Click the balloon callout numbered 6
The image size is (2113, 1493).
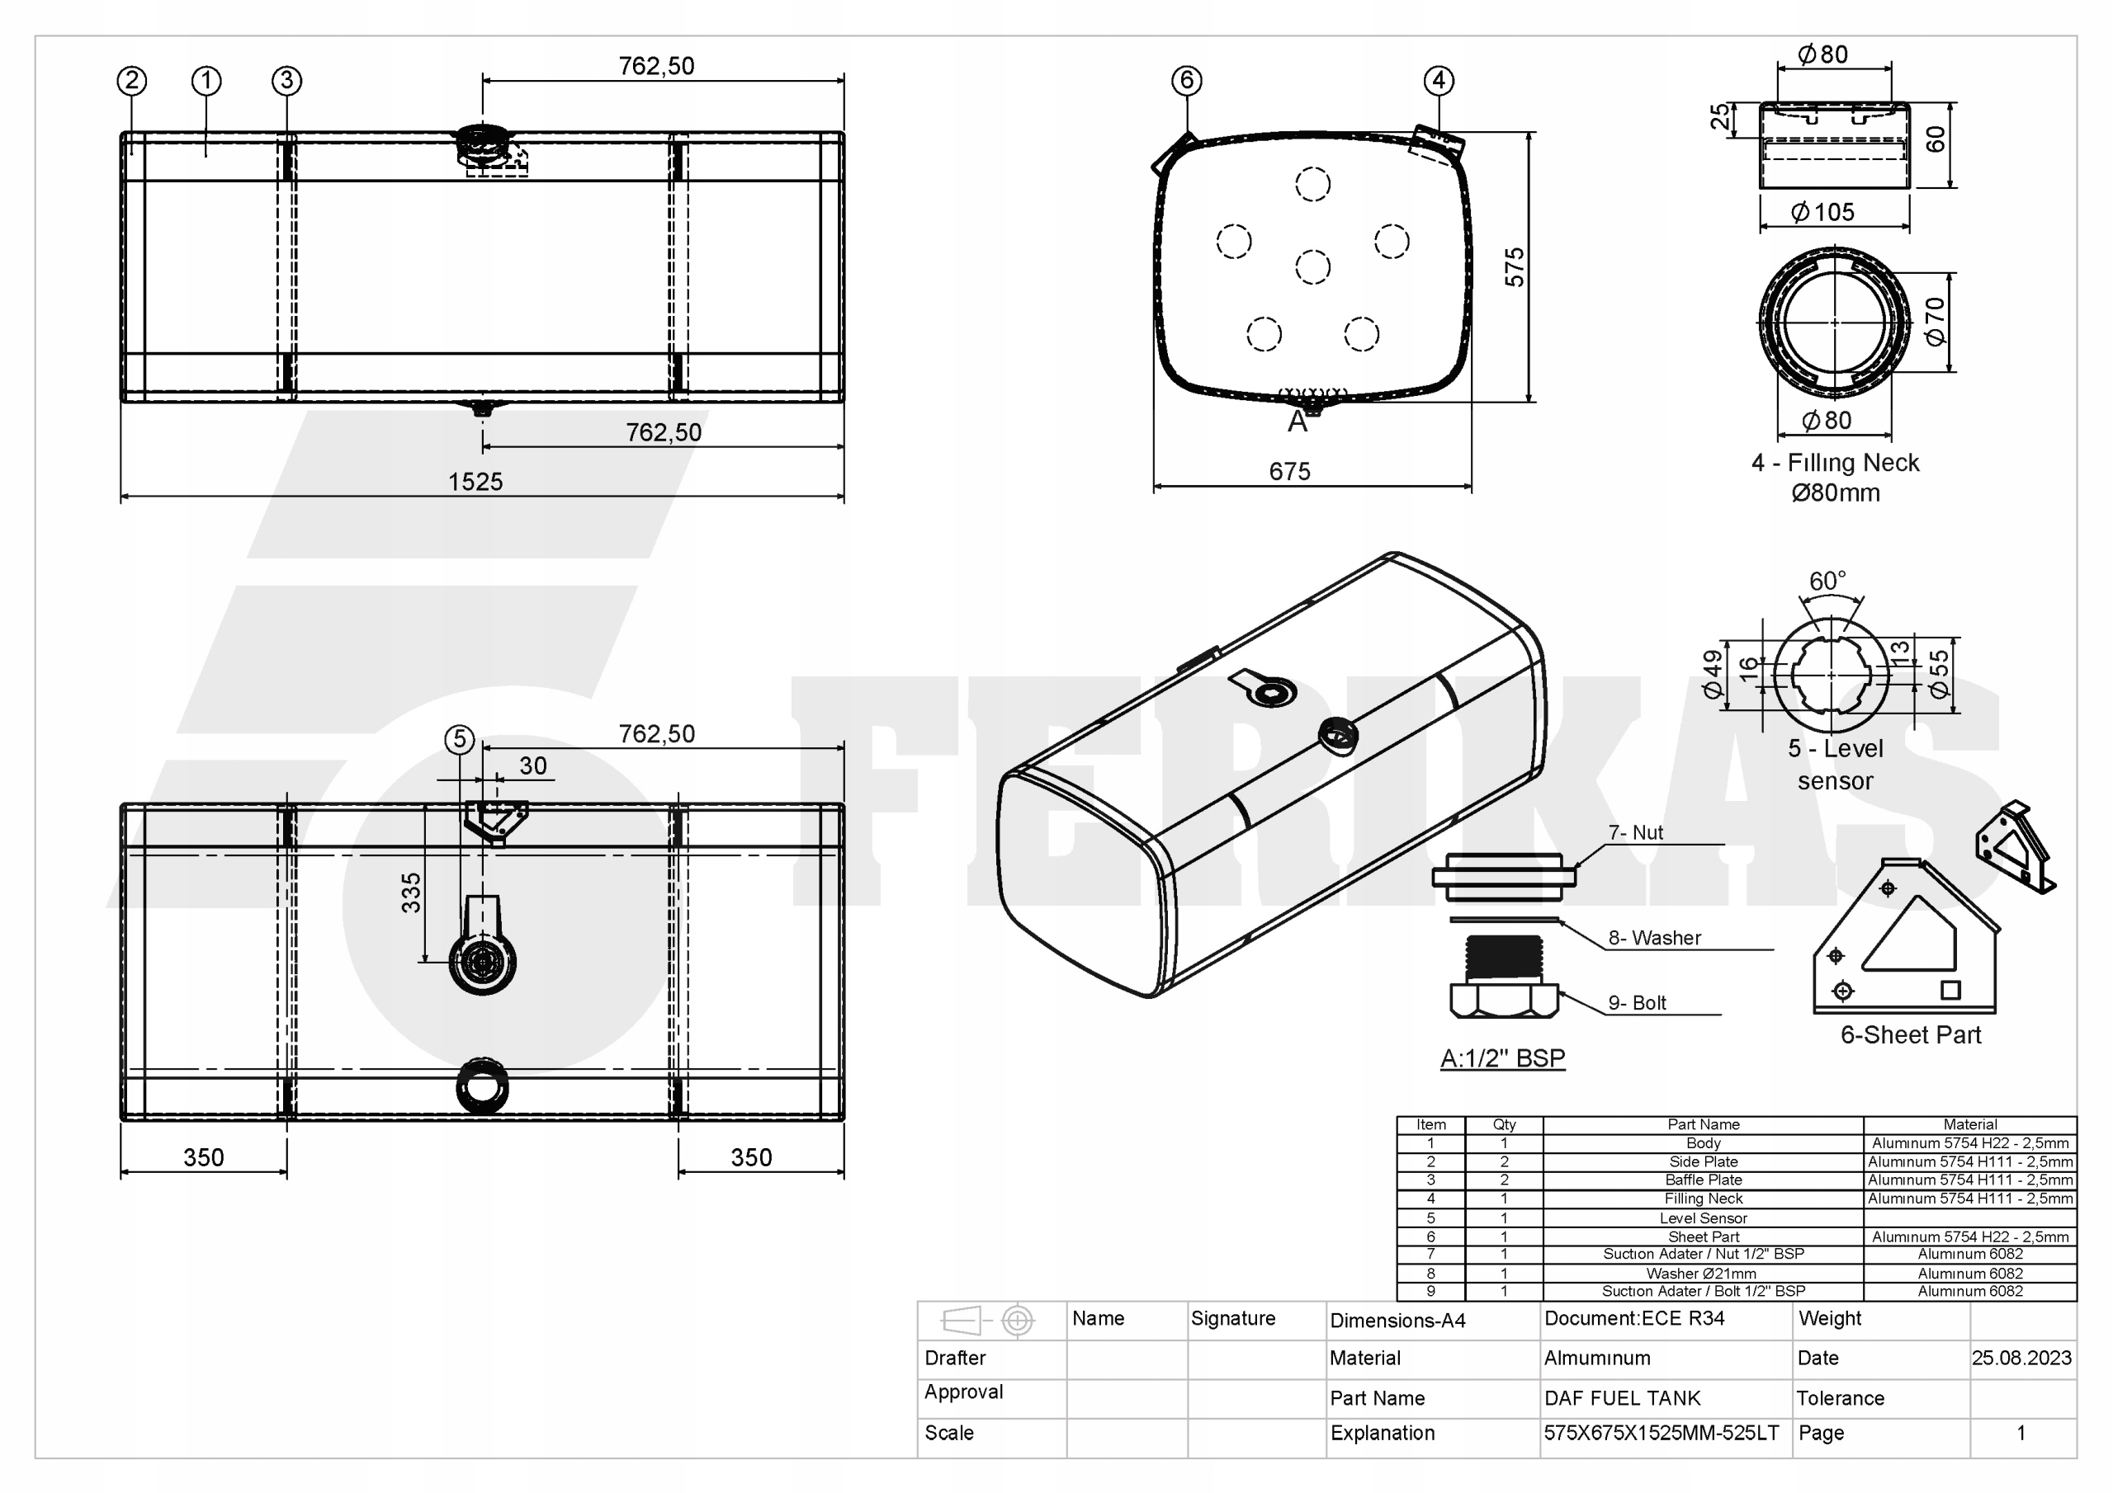click(x=1186, y=80)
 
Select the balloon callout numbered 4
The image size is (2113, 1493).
click(x=1439, y=80)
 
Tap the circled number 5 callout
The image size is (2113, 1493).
click(x=459, y=739)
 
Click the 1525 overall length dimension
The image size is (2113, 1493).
click(x=475, y=481)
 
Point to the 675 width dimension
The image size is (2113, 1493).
click(x=1288, y=471)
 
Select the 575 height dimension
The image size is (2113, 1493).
click(x=1514, y=266)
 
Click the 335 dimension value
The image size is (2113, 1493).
click(x=411, y=892)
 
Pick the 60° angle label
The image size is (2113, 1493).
click(x=1827, y=581)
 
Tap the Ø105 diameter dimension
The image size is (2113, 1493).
click(x=1822, y=212)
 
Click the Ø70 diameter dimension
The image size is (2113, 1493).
click(x=1935, y=321)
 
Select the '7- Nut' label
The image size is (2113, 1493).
click(x=1635, y=832)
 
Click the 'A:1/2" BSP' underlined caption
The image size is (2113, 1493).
click(x=1502, y=1058)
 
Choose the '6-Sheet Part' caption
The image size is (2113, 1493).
click(x=1910, y=1035)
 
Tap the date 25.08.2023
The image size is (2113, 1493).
click(x=2021, y=1358)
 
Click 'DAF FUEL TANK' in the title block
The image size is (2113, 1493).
click(x=1622, y=1398)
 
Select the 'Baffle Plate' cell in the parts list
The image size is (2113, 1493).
click(x=1703, y=1180)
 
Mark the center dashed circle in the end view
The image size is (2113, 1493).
click(x=1312, y=266)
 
